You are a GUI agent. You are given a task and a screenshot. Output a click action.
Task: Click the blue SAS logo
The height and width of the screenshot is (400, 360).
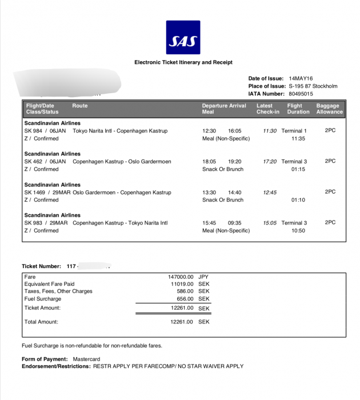coord(183,38)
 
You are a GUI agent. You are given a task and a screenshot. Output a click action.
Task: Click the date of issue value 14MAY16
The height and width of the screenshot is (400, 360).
coord(301,78)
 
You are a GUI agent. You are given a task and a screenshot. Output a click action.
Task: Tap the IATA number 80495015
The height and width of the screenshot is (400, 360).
coord(301,93)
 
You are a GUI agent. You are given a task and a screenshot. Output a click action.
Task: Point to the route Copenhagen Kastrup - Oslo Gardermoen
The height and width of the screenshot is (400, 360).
coord(122,162)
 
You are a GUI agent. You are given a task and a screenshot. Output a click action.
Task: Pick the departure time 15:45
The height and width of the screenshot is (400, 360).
coord(209,223)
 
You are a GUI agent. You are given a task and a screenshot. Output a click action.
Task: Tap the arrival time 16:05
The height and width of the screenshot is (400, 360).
coord(235,131)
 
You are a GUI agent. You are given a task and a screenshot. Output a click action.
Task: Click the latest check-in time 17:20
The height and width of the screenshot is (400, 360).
coord(270,162)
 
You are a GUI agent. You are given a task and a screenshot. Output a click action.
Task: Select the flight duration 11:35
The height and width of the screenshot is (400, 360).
coord(298,138)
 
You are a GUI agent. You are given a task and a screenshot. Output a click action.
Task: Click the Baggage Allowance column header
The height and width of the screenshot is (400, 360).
coord(329,109)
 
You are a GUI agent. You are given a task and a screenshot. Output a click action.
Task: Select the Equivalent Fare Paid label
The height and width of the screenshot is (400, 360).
coord(49,284)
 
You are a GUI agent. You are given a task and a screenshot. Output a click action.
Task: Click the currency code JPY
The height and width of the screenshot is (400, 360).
coord(203,277)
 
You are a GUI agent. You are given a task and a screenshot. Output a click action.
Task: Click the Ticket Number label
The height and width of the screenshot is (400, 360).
coord(41,266)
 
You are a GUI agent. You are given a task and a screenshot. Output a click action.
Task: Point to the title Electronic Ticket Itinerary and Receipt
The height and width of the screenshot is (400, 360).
coord(183,62)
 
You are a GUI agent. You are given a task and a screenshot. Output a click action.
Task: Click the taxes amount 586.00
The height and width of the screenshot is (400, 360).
coord(185,291)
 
